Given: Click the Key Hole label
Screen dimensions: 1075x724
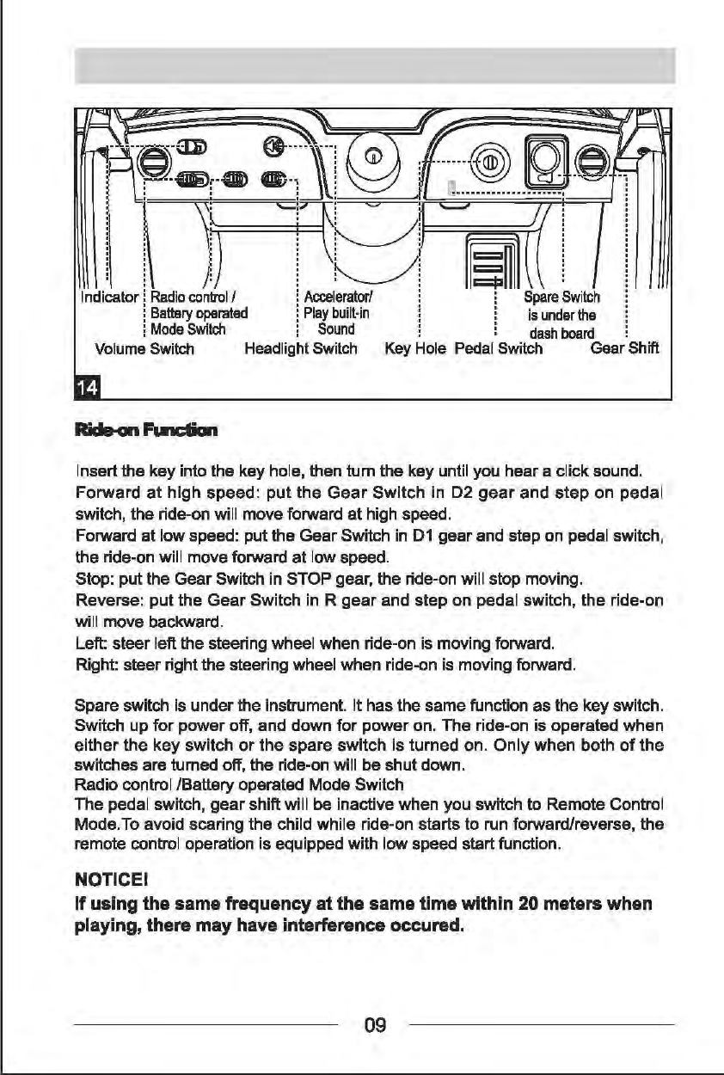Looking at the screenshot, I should click(x=416, y=348).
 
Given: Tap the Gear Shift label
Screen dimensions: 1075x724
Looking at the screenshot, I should click(x=624, y=348).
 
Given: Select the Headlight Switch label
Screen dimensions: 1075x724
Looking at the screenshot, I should click(x=300, y=348).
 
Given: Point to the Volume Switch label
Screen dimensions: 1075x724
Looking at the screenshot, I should click(x=144, y=348).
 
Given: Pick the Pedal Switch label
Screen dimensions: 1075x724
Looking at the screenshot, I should click(x=498, y=348).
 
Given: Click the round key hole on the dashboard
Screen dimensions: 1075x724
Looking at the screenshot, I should click(x=488, y=161).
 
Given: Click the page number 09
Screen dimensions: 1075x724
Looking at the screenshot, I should click(x=375, y=1025).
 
